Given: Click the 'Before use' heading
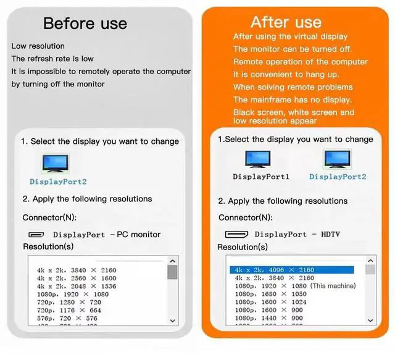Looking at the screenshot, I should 85,24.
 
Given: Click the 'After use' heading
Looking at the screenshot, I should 286,22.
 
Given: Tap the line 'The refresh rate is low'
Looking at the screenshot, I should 52,59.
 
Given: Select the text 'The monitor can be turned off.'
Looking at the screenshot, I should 293,49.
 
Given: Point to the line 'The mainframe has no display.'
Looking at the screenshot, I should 293,99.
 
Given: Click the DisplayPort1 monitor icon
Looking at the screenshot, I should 258,160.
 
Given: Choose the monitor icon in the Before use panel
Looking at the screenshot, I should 56,164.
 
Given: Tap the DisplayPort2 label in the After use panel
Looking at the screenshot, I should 338,177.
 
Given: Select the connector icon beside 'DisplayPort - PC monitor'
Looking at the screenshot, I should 36,235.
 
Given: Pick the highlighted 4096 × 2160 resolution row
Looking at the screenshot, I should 292,270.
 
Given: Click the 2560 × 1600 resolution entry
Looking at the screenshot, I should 76,278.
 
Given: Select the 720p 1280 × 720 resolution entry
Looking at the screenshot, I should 69,303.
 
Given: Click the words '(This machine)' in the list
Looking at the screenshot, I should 333,286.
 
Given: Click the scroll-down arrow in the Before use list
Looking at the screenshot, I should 172,320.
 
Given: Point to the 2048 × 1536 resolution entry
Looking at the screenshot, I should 76,287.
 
